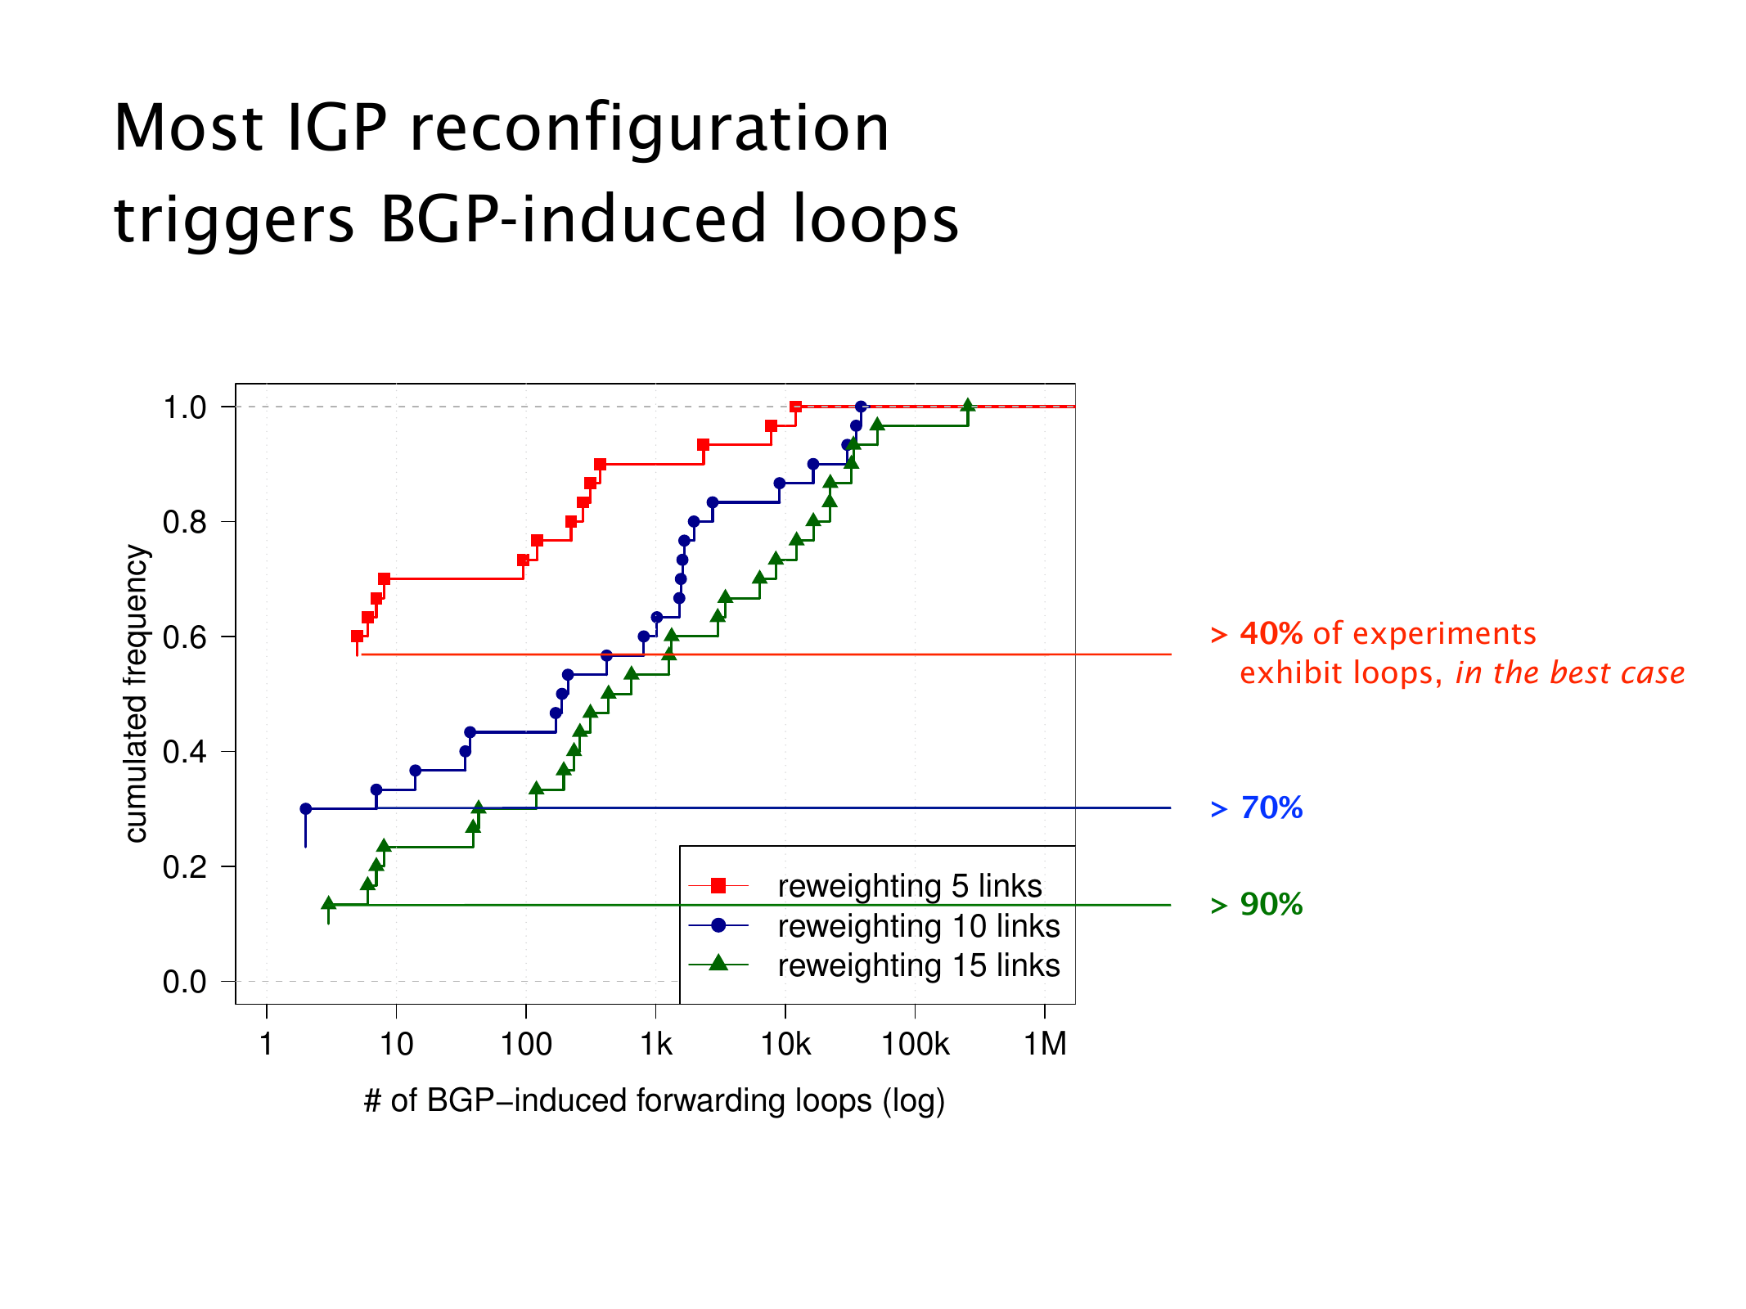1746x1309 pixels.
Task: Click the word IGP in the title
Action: [336, 128]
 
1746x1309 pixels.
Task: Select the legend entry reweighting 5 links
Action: [909, 886]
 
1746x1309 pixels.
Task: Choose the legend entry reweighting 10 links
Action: [918, 926]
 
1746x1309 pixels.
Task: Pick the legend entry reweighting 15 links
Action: [918, 965]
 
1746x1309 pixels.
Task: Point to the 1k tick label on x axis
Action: [655, 1045]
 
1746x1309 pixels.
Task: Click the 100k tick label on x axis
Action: [915, 1045]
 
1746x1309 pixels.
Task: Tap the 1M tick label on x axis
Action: [1045, 1045]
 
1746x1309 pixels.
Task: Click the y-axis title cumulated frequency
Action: [137, 694]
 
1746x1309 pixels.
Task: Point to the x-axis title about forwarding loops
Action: [655, 1100]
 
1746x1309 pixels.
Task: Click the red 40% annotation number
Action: [1271, 634]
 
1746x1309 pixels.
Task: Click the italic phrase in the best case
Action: [1569, 673]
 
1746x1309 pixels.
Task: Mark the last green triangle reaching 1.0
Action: [968, 406]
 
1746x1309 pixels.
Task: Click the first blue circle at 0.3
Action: [306, 808]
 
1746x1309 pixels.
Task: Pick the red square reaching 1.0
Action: [795, 407]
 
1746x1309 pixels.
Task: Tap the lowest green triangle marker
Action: [329, 904]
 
